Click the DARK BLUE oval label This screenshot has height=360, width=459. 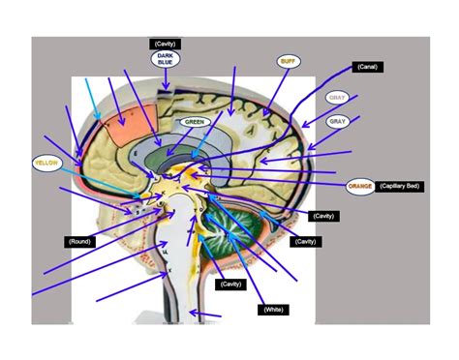(x=164, y=60)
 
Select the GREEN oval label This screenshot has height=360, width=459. (x=195, y=122)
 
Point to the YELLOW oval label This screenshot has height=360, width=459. (x=46, y=164)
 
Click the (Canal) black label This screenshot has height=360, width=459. (x=367, y=67)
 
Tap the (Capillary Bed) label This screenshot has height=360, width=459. (x=400, y=185)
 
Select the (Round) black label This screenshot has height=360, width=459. (x=79, y=240)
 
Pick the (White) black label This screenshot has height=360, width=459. (x=271, y=309)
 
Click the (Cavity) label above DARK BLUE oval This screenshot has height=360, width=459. (x=164, y=43)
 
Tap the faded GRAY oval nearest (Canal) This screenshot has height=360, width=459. (x=337, y=98)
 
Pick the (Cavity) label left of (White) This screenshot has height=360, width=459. (x=230, y=284)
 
